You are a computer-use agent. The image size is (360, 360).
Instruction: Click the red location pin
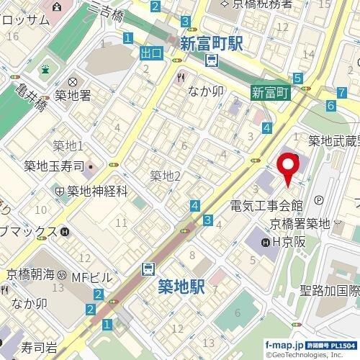pos(290,167)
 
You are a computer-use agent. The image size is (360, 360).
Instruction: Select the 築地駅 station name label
pos(181,287)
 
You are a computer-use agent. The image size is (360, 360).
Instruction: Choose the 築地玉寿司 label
pos(55,166)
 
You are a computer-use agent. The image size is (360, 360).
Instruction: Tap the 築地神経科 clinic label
pos(97,191)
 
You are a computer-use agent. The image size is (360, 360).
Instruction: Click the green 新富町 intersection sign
pos(270,92)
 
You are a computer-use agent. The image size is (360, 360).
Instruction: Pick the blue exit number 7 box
pos(340,92)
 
